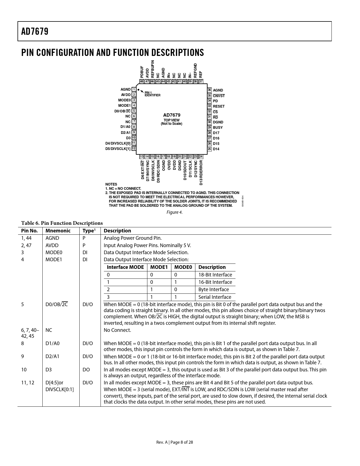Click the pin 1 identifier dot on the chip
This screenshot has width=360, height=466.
(x=138, y=90)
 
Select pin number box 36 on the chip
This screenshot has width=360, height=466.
(x=209, y=90)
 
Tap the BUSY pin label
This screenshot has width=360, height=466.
(x=218, y=128)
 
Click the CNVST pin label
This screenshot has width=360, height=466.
(x=219, y=96)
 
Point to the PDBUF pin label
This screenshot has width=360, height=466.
(x=142, y=72)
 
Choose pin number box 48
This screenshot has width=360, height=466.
(x=142, y=81)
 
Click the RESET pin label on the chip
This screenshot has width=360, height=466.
(x=219, y=106)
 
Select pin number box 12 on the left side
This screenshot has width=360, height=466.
(x=134, y=149)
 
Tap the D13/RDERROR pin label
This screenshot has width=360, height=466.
(x=201, y=172)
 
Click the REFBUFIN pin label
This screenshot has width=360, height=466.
(x=153, y=69)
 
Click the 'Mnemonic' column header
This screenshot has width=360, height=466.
(x=58, y=231)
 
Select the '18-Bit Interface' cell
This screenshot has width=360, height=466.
(x=215, y=275)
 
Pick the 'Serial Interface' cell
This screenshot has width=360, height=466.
(x=215, y=297)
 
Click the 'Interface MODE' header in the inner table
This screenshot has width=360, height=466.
(x=125, y=267)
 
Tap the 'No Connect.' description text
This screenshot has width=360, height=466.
(x=117, y=330)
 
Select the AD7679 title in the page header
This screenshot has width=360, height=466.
(x=35, y=31)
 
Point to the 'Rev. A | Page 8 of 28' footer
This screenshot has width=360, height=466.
(x=174, y=442)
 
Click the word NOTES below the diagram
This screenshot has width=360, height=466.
(x=111, y=184)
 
